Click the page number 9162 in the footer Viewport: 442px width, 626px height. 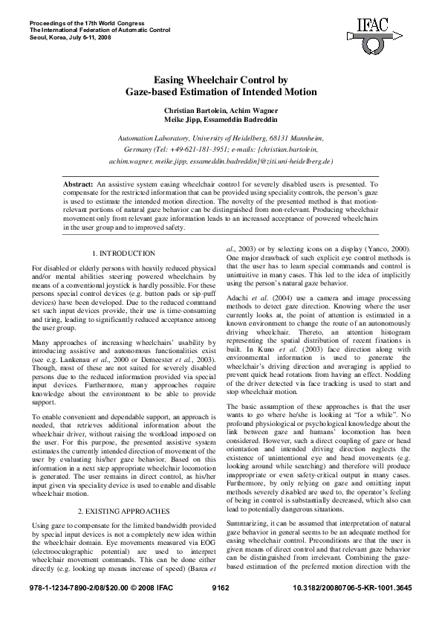tap(221, 609)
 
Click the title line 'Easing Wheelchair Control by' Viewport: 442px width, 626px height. tap(221, 80)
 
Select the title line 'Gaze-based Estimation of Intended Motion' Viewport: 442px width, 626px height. tap(221, 92)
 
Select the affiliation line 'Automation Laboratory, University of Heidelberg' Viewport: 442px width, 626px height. tap(221, 138)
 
